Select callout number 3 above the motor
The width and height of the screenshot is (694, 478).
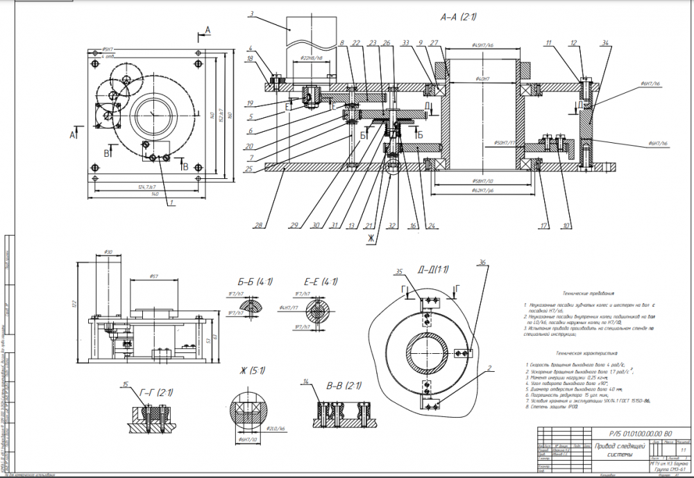coord(251,13)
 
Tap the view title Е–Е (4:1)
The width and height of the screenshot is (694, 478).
coord(321,282)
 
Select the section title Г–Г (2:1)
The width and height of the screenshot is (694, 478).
coord(156,393)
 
